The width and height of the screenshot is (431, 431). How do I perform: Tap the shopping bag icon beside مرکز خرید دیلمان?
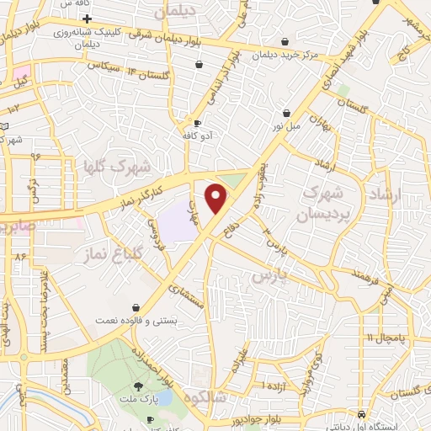pos(285,41)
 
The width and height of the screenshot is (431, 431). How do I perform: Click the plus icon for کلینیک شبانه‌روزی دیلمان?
pos(88,18)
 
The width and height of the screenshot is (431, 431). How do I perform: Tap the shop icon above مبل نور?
pos(286,112)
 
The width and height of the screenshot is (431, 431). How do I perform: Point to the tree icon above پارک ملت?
pos(150,387)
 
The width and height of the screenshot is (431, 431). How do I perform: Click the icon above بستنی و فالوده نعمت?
pos(136,308)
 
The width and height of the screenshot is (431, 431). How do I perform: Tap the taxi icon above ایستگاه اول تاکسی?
pos(361,415)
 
